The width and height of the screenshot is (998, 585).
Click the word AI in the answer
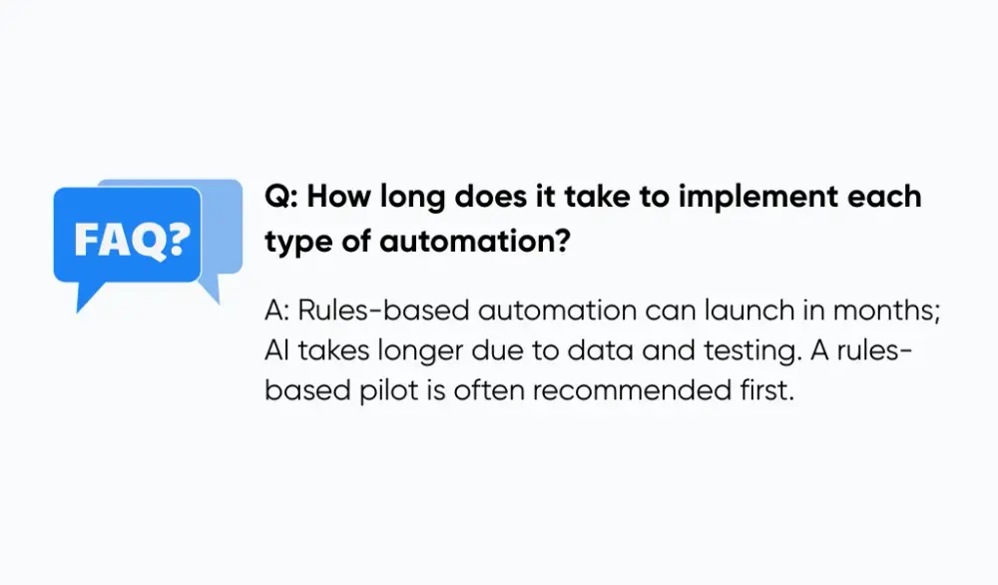(x=276, y=350)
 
